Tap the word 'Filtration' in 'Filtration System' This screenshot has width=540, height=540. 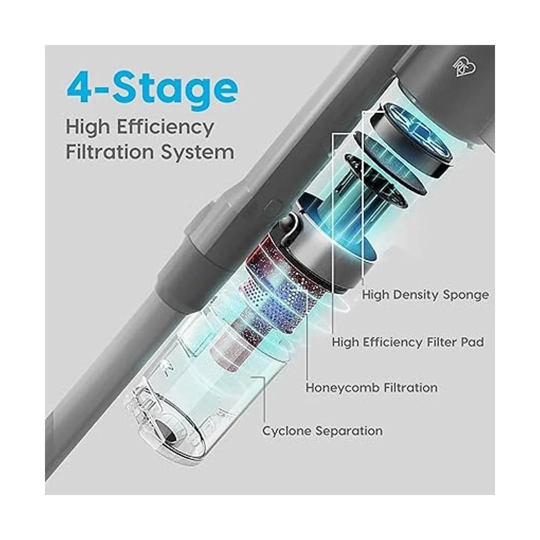[x=110, y=152]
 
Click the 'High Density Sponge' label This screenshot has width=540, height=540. [x=425, y=295]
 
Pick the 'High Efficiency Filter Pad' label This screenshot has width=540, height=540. [x=408, y=342]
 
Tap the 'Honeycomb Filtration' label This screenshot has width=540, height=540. [x=372, y=388]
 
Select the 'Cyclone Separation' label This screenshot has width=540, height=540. [x=322, y=431]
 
